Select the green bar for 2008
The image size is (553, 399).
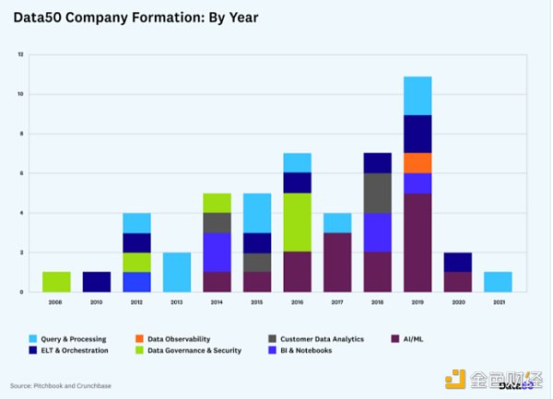(57, 282)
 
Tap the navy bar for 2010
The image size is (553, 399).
(97, 282)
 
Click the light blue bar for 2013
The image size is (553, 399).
(177, 272)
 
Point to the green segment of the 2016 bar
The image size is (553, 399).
(297, 222)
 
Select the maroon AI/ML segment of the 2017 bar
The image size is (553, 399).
(337, 262)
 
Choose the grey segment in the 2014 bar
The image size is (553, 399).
(217, 222)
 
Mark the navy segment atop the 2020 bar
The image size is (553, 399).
(457, 262)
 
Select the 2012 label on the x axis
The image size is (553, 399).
(137, 301)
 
